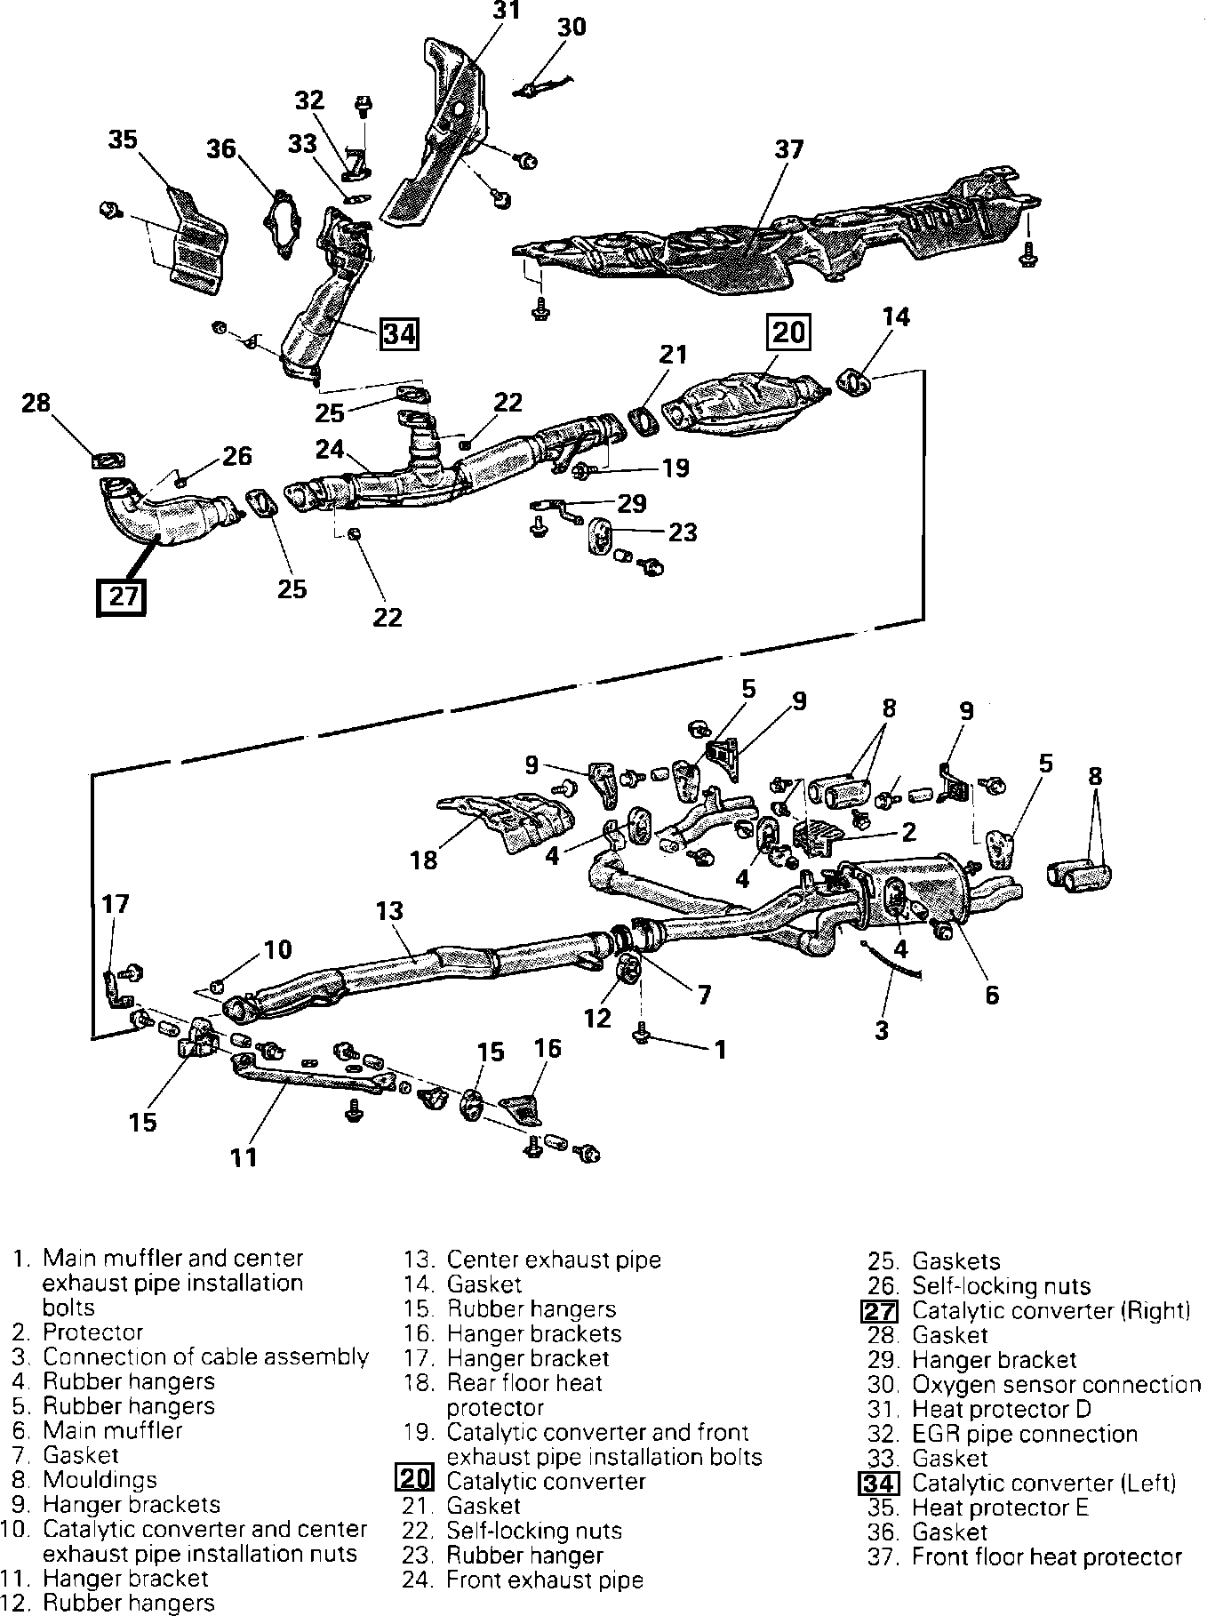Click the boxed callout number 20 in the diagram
788,332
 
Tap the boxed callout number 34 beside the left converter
399,335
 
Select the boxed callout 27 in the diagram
122,595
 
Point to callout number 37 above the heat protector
788,149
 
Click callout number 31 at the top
507,11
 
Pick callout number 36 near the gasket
222,148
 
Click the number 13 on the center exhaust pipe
389,911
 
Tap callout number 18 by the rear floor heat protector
424,860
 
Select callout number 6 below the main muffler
992,995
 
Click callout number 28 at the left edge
36,404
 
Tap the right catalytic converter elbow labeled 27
160,516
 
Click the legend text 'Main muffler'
112,1430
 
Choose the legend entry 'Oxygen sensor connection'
1056,1385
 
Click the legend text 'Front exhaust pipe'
544,1580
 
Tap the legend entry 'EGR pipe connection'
1025,1434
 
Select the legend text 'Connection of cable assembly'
205,1356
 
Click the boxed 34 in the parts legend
880,1484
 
